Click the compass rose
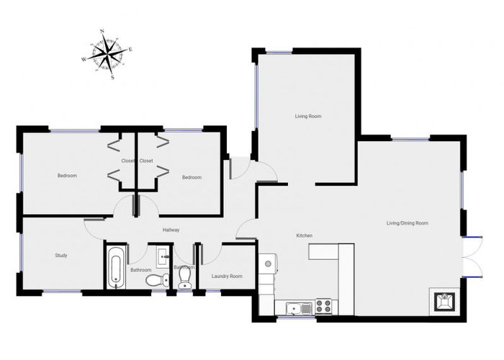coord(108,53)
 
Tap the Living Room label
coord(307,116)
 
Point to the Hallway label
coord(171,230)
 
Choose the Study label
coord(61,255)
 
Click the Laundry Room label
coord(226,276)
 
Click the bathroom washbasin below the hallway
coord(162,253)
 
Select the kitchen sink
coord(293,309)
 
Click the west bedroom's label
coord(67,176)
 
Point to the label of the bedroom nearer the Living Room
coord(192,178)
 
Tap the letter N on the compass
coord(102,32)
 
